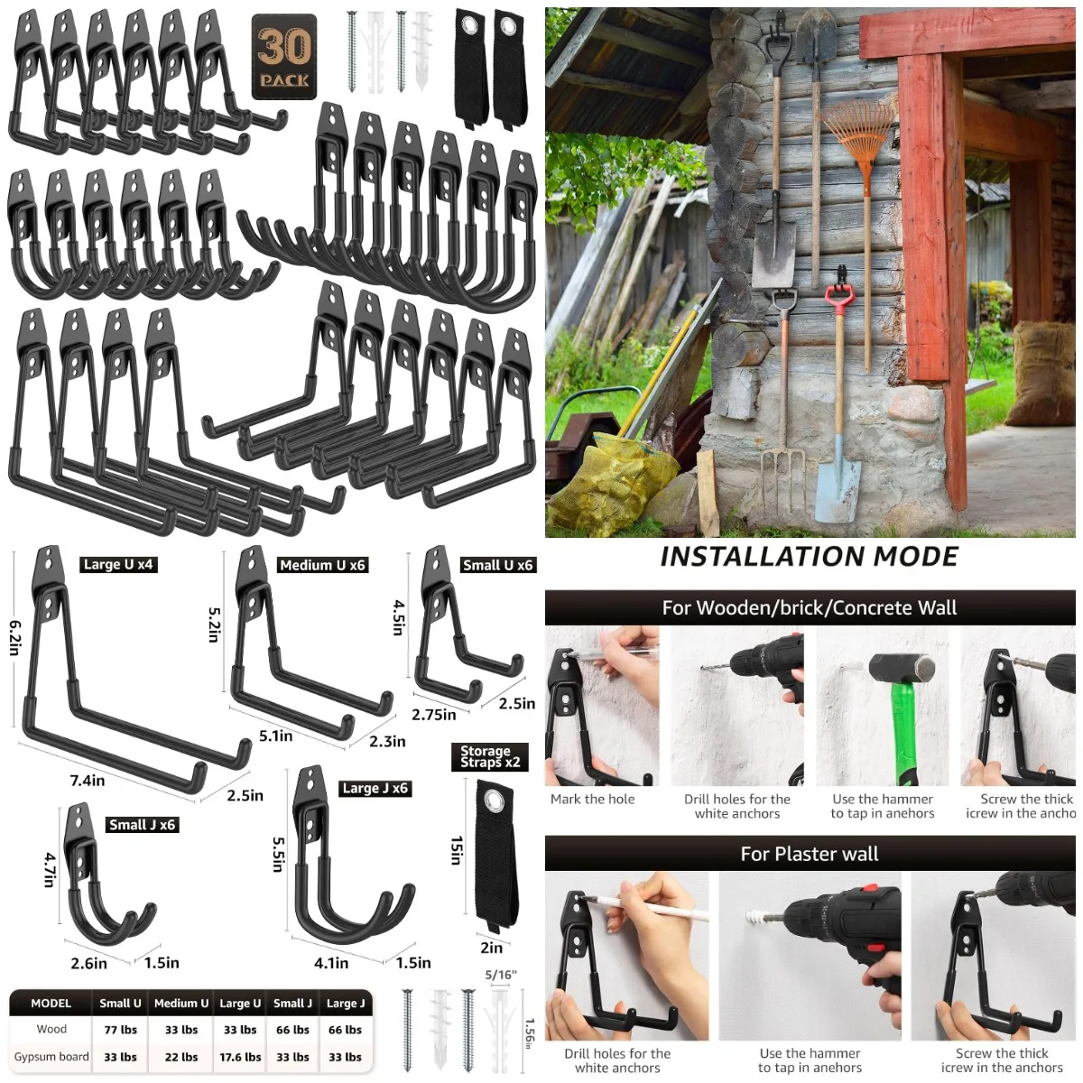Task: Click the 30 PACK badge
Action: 284,56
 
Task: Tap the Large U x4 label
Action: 118,565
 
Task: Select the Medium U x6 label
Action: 322,566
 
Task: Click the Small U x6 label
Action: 497,566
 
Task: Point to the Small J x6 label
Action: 142,825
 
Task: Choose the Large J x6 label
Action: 375,789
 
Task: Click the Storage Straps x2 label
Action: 489,757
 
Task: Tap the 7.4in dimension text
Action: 88,781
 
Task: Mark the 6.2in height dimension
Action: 15,637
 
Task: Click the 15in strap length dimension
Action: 457,850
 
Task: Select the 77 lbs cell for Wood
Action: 120,1030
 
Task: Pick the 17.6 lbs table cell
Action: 240,1057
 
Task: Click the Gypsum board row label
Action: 51,1057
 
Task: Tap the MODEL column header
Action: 51,1004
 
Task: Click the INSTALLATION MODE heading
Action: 809,557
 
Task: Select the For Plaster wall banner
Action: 809,854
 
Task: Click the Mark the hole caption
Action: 592,800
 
